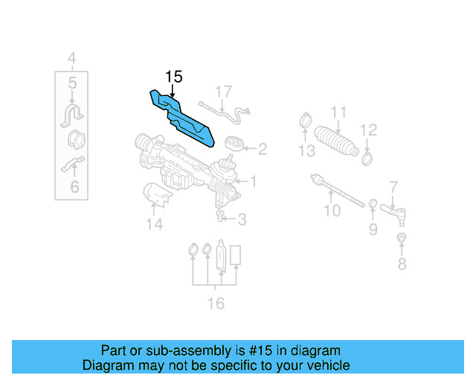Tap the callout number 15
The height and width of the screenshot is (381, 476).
point(173,77)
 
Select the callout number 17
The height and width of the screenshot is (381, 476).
point(224,92)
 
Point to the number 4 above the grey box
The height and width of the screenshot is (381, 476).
point(71,57)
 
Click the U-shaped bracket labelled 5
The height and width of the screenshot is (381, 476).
point(72,116)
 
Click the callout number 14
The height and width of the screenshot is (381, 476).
point(154,223)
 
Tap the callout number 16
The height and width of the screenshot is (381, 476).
point(215,303)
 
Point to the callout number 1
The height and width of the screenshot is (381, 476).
point(253,181)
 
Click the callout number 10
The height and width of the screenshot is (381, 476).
point(332,211)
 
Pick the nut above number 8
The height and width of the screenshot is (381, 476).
point(401,238)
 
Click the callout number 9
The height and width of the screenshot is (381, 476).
point(373,229)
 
